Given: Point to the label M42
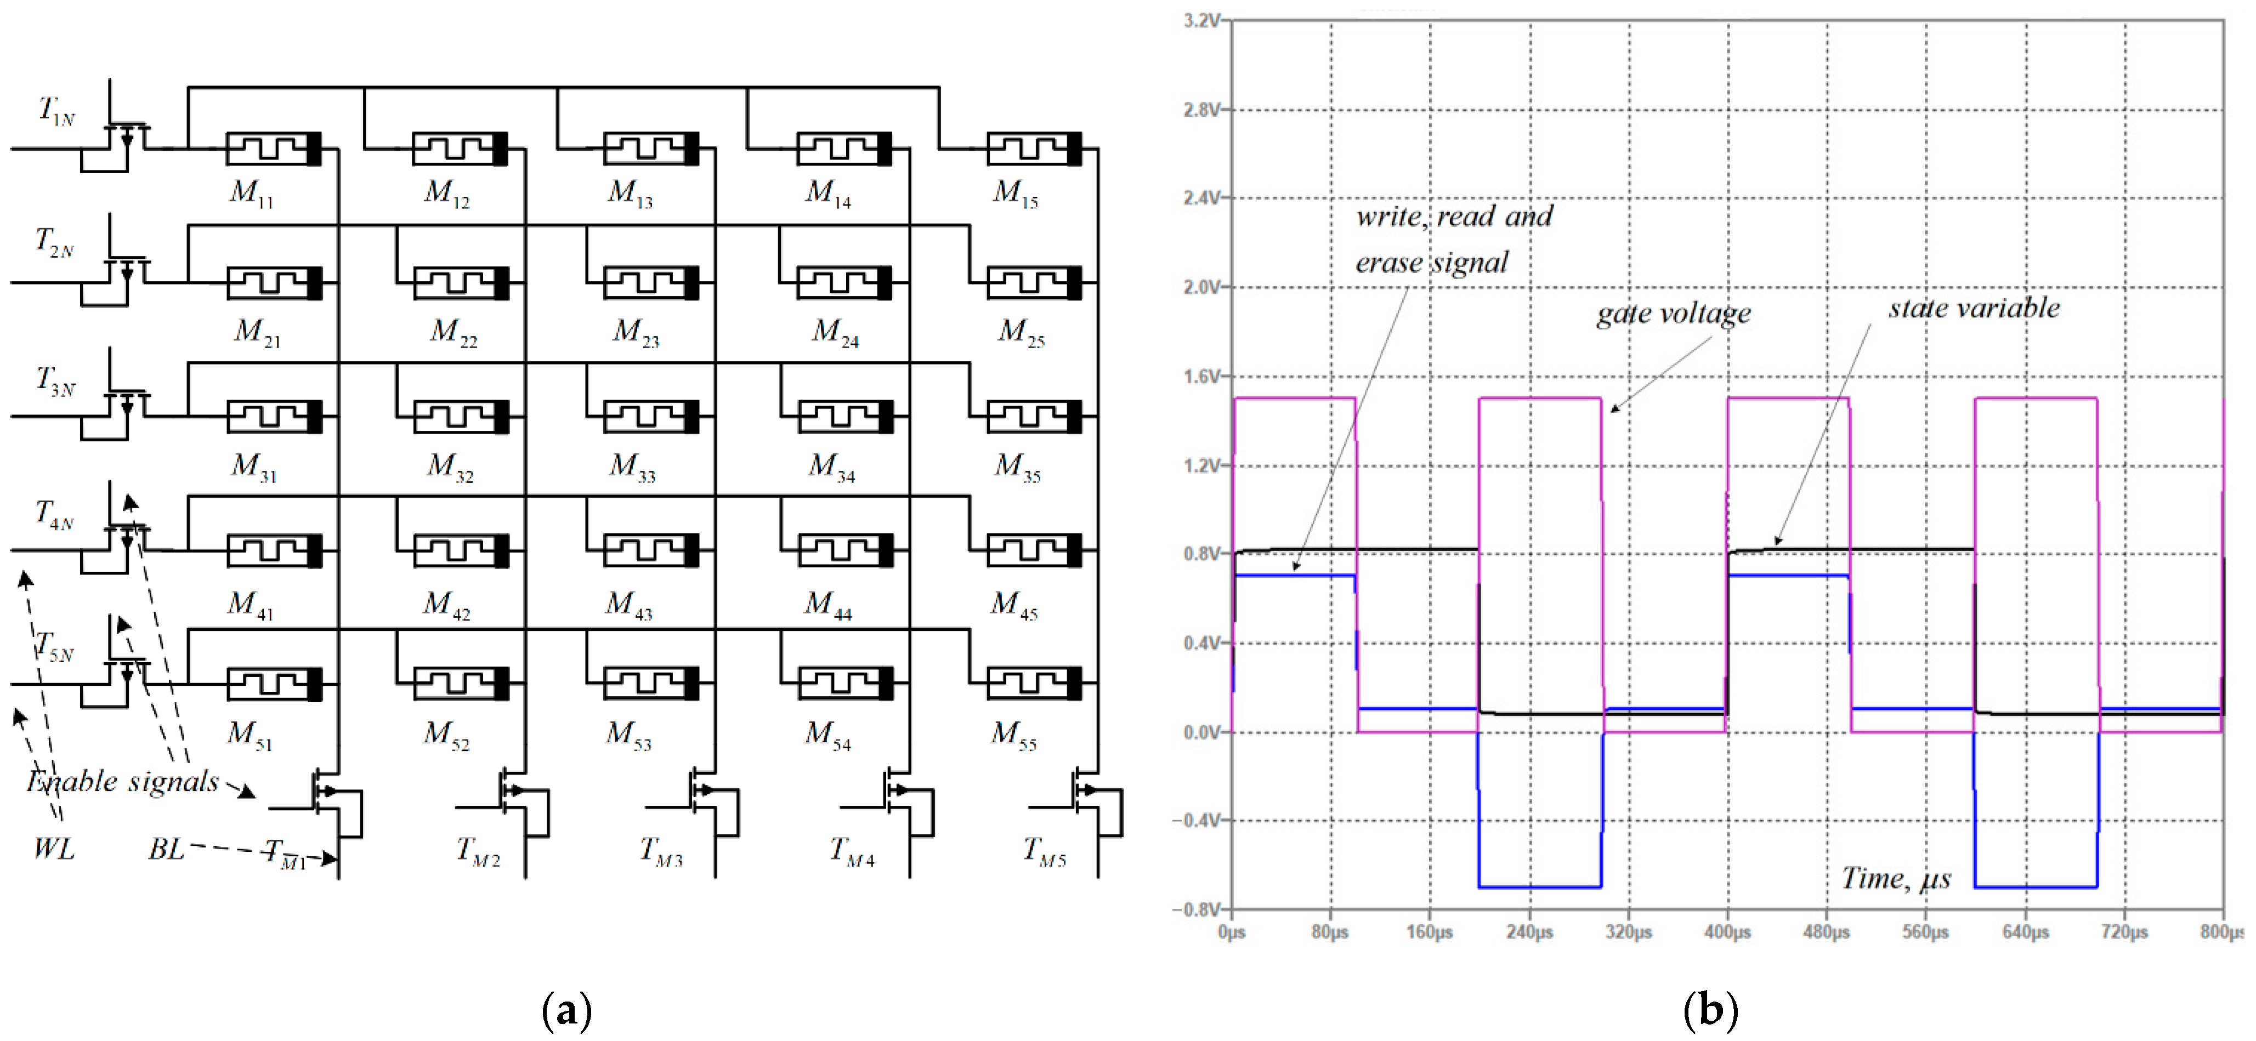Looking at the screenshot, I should (446, 604).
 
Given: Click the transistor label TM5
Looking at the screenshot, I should (1044, 850).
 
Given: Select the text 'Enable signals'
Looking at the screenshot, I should (123, 781).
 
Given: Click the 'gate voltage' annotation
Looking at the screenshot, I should (1673, 314).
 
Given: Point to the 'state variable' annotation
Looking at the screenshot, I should (1973, 308).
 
